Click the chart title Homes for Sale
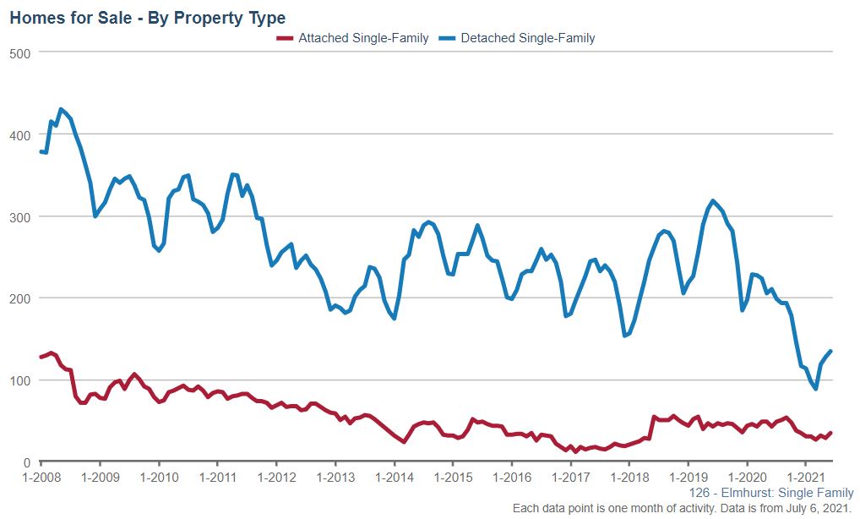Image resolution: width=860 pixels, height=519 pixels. (147, 17)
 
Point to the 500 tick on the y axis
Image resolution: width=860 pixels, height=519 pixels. (20, 52)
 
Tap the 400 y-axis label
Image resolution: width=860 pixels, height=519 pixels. (20, 134)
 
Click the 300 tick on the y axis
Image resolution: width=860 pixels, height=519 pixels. (20, 216)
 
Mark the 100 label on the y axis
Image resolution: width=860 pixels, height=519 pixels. (20, 380)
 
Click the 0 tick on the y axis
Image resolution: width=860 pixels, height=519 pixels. (27, 462)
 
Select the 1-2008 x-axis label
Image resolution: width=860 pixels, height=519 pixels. (41, 478)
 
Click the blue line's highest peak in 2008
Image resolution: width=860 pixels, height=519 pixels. (61, 109)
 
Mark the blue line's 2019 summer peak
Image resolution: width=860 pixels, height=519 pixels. (713, 201)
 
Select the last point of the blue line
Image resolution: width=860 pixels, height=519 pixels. (830, 351)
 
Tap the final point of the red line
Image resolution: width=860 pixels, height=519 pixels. (830, 433)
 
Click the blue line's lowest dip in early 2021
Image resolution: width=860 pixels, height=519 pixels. (816, 389)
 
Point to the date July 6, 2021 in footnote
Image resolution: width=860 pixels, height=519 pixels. (808, 509)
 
